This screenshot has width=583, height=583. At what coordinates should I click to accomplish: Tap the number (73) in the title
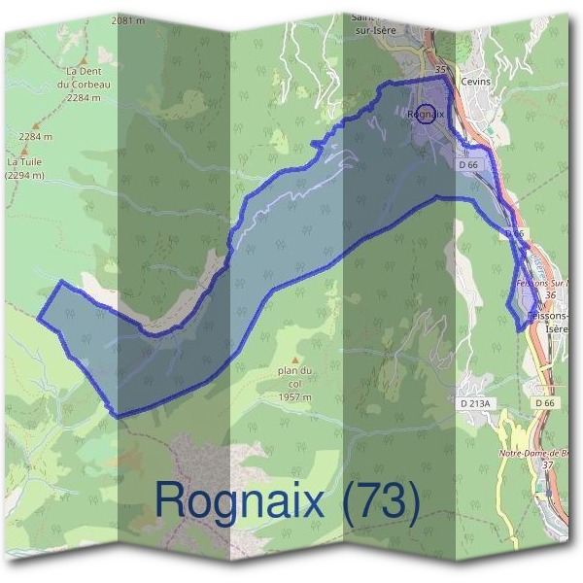(375, 502)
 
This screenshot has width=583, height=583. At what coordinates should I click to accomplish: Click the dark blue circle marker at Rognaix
(426, 113)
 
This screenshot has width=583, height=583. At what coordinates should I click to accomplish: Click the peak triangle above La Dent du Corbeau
(85, 59)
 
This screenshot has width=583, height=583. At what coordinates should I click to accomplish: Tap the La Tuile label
(19, 162)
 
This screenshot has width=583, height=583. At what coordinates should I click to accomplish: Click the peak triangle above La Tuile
(24, 151)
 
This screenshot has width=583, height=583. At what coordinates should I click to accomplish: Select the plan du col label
(292, 377)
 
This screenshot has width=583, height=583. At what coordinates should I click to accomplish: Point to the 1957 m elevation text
(293, 397)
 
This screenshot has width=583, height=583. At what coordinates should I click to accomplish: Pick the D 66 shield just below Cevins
(468, 165)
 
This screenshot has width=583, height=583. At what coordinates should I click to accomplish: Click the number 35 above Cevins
(442, 70)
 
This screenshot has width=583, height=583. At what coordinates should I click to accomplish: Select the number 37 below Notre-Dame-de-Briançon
(548, 464)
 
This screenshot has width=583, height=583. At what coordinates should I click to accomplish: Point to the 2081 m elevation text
(128, 19)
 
